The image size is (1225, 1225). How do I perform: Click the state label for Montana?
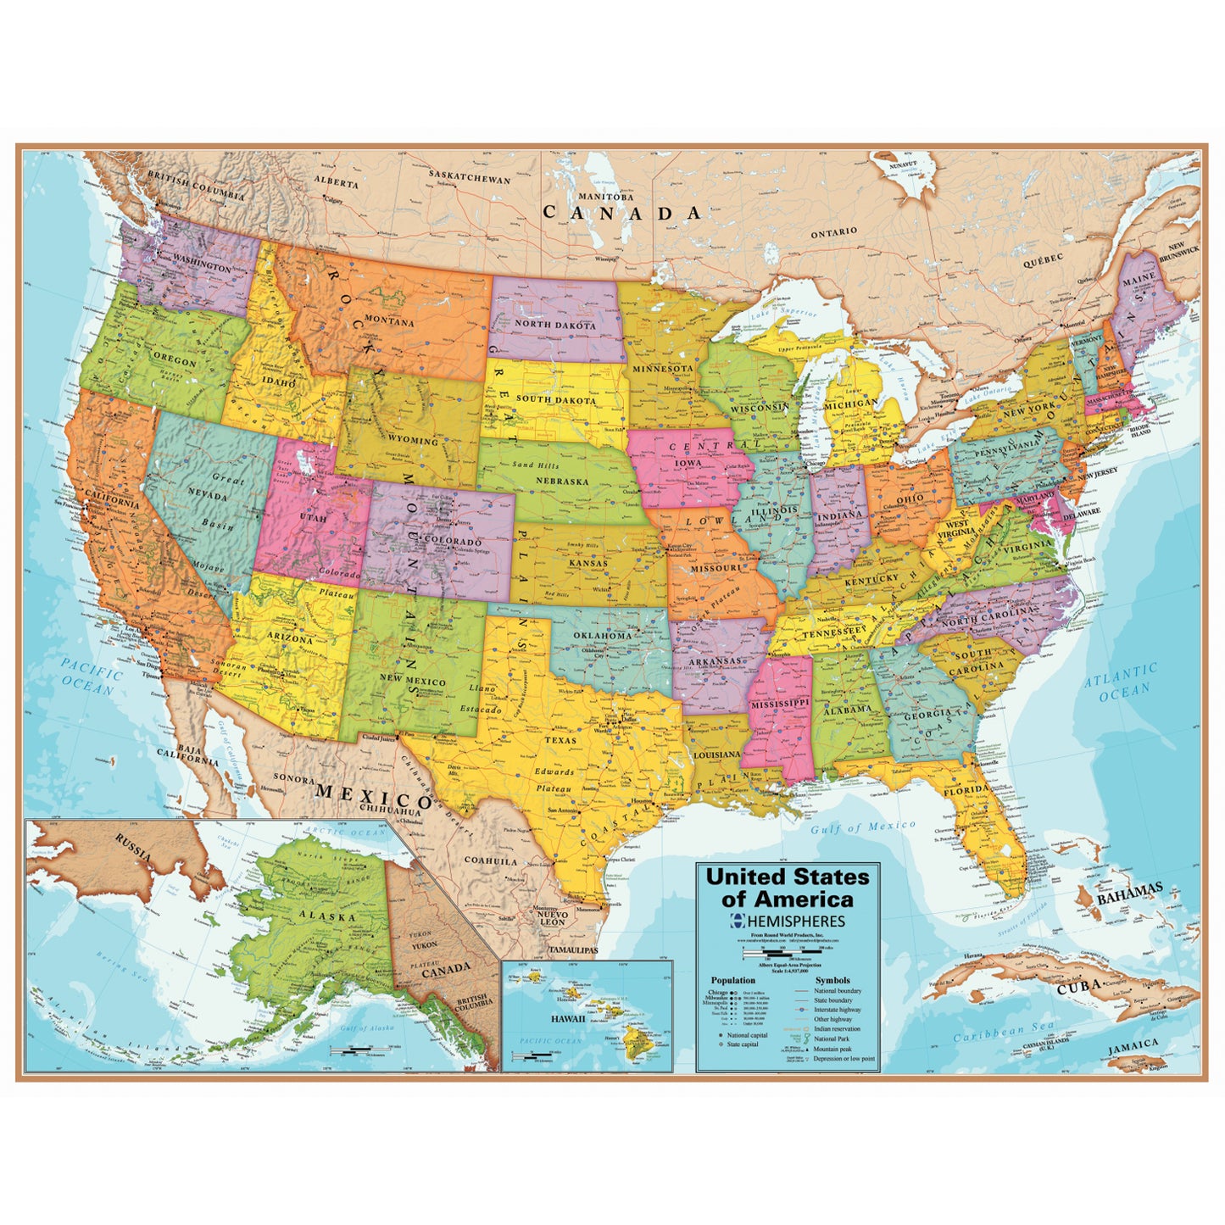(x=389, y=322)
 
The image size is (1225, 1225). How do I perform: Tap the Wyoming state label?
(x=413, y=441)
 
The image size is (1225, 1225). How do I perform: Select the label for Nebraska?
(x=561, y=481)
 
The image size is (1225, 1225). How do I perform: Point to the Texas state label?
(x=560, y=740)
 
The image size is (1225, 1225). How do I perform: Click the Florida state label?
(x=966, y=790)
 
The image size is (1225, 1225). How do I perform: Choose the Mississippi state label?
(x=779, y=704)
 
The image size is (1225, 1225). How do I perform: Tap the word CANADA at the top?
(x=622, y=213)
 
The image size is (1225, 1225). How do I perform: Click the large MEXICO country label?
(x=374, y=796)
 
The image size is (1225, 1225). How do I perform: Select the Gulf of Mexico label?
(x=862, y=827)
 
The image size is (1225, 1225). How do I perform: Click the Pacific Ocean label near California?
(x=91, y=680)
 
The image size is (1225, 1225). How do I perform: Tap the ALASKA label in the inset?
(x=326, y=916)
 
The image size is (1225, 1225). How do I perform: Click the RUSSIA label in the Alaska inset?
(x=134, y=846)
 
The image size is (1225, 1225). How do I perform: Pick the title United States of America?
(x=788, y=888)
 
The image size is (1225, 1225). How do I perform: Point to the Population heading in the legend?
(x=732, y=980)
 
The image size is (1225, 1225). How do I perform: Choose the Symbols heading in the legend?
(x=832, y=980)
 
